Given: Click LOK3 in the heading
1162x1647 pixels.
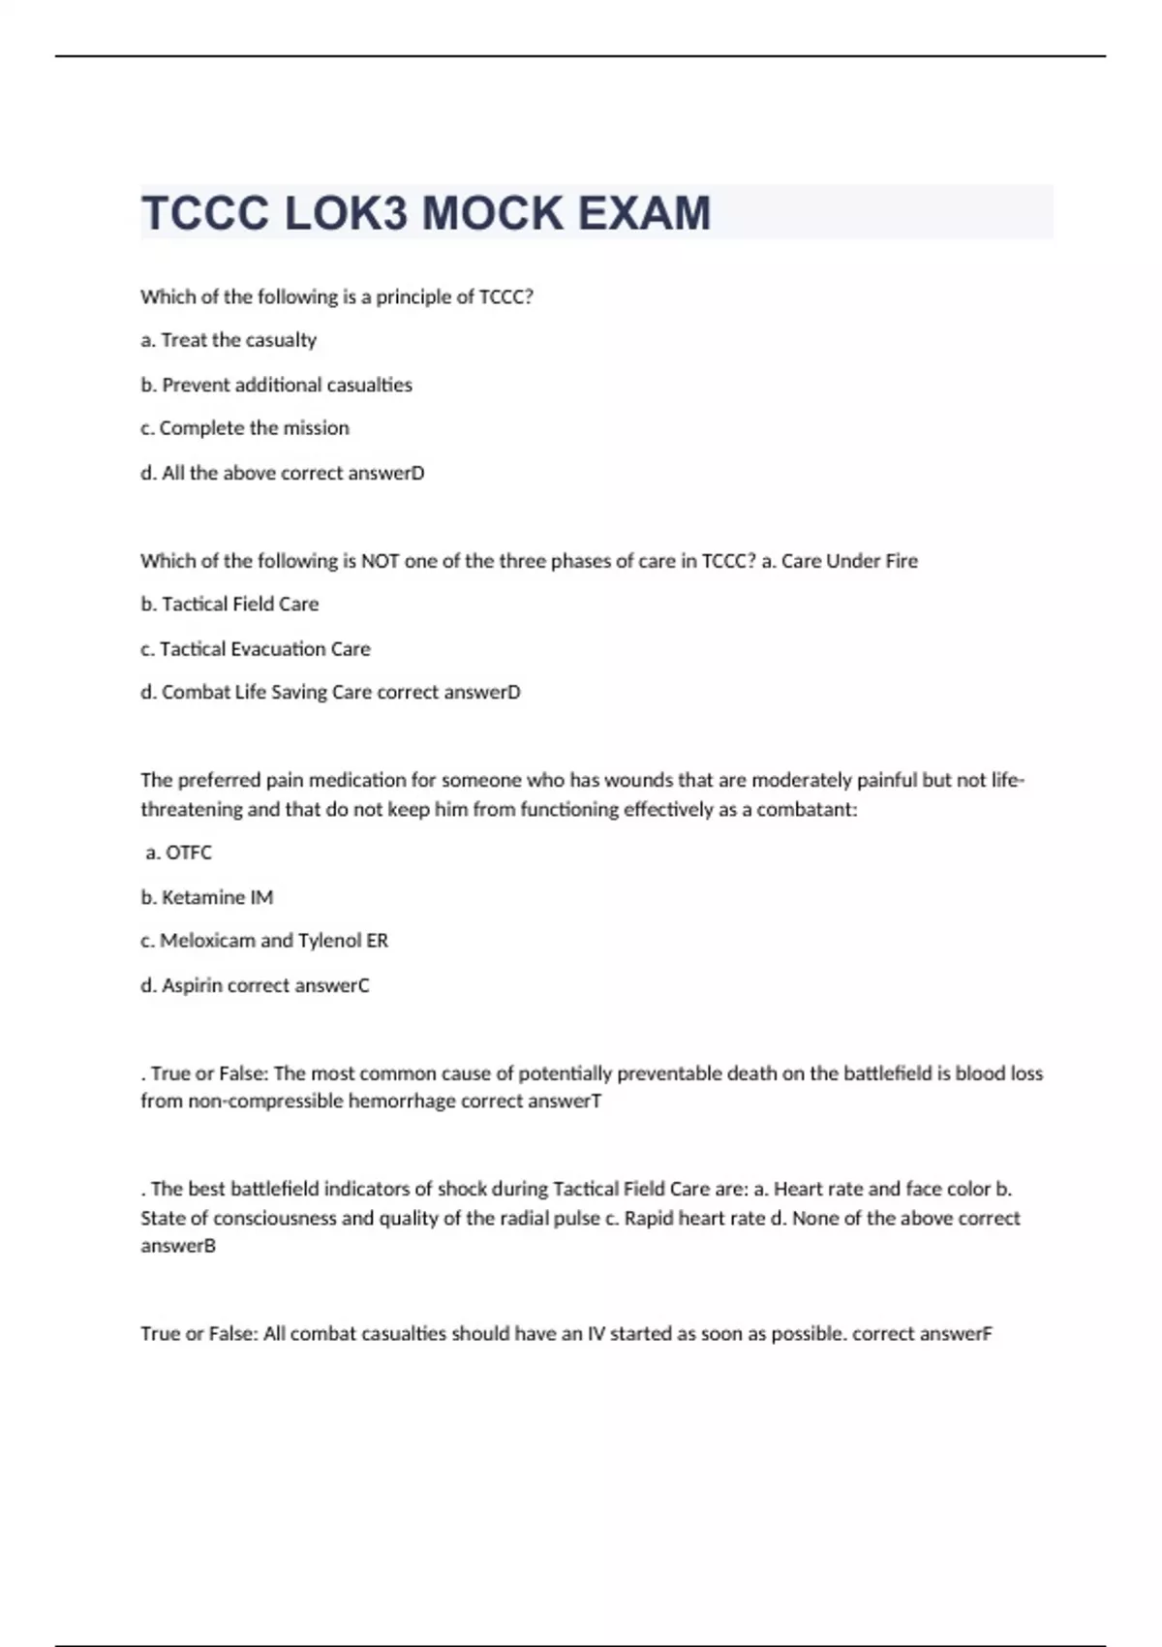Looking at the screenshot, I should click(x=347, y=213).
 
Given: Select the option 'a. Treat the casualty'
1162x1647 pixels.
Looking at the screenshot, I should click(x=229, y=340).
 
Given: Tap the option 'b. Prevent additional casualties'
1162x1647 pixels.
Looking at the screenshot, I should click(x=276, y=385).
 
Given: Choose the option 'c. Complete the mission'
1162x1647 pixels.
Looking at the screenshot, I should click(x=244, y=428).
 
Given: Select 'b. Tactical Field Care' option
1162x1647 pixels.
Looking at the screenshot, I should click(x=229, y=605).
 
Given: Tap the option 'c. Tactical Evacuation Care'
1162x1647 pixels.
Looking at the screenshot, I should click(x=255, y=649).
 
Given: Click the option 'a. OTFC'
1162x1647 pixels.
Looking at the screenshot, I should click(x=178, y=853).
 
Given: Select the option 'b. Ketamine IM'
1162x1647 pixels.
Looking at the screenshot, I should click(x=206, y=897).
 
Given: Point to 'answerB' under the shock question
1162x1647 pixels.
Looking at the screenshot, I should click(x=178, y=1246).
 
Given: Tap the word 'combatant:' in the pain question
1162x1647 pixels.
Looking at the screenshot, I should click(x=807, y=810).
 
